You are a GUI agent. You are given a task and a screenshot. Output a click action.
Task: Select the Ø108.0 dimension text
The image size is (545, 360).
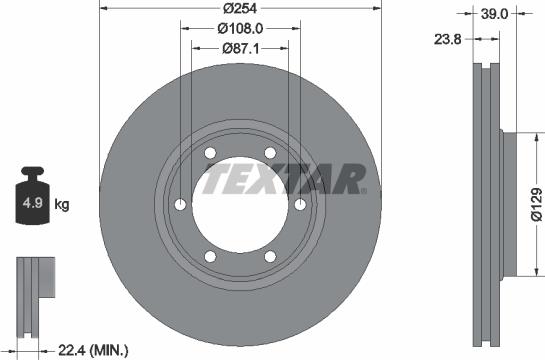tap(239, 29)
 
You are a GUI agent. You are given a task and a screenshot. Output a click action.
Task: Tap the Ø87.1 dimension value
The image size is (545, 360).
tap(239, 48)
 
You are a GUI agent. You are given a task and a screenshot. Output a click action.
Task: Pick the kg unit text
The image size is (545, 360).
tap(62, 206)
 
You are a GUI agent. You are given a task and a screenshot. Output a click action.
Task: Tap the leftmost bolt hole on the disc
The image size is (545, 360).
tap(180, 205)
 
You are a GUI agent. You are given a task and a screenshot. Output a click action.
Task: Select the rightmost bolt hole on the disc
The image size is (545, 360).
tap(300, 205)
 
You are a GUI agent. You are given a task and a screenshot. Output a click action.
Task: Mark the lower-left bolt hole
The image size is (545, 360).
tap(210, 257)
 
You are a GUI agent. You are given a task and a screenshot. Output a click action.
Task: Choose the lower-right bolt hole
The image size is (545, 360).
tap(270, 257)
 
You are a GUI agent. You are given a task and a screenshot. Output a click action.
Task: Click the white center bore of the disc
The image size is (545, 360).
tap(240, 205)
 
